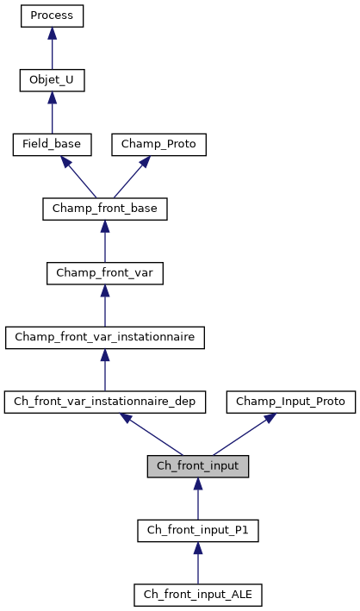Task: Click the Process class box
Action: point(52,16)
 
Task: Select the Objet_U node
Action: point(52,80)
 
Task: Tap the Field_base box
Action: point(52,144)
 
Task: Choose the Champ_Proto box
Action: point(159,144)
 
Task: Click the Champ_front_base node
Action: point(104,209)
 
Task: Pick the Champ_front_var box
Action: point(104,273)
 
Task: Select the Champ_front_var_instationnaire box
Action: point(104,337)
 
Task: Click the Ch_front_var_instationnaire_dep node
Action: point(104,402)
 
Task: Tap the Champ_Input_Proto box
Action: point(290,402)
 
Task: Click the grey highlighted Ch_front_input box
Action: point(197,466)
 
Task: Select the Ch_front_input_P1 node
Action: point(197,530)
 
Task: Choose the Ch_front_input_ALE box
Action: point(197,595)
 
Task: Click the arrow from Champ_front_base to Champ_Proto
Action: point(133,175)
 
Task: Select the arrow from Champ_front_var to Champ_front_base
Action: point(104,242)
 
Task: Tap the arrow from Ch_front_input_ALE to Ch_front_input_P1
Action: point(197,564)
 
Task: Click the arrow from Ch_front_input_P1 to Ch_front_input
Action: point(197,499)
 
